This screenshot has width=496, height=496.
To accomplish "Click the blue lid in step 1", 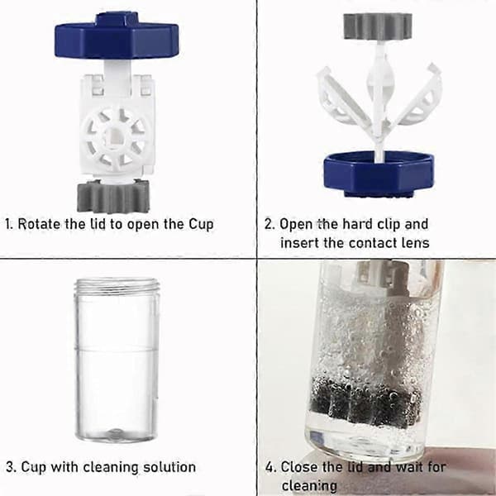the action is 117,36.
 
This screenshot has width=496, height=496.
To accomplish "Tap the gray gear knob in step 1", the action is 113,197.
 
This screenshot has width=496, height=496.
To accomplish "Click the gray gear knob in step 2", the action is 378,26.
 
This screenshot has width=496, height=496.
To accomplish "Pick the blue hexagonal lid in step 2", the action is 379,174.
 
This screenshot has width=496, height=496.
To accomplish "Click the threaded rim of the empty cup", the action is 117,285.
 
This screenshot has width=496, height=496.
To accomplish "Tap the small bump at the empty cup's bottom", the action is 116,432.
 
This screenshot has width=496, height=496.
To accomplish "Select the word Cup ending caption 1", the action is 201,225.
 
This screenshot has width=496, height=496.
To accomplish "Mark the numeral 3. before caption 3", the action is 12,467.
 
